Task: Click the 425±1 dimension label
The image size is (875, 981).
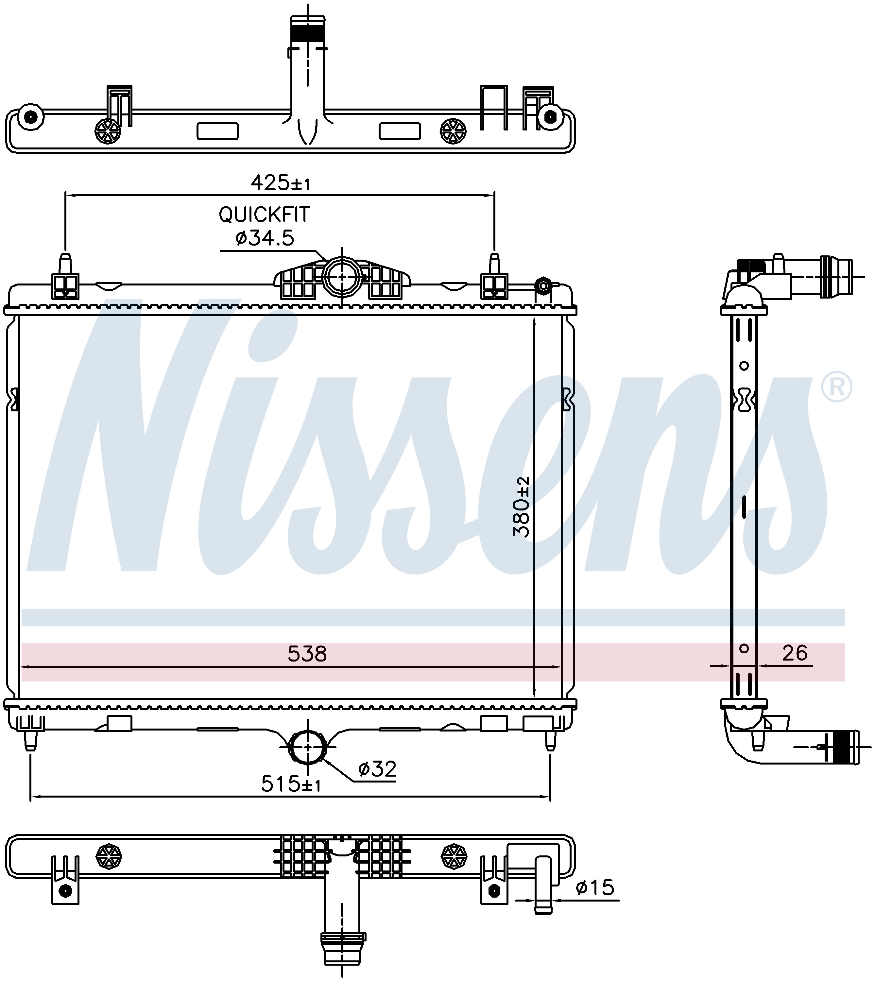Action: (280, 183)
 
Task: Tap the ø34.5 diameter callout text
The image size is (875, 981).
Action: (265, 237)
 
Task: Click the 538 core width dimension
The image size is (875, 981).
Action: (307, 654)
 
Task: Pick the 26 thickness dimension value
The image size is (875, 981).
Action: (795, 653)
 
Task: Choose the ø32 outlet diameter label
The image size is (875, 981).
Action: (377, 769)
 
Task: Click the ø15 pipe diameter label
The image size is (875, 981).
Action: (595, 888)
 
